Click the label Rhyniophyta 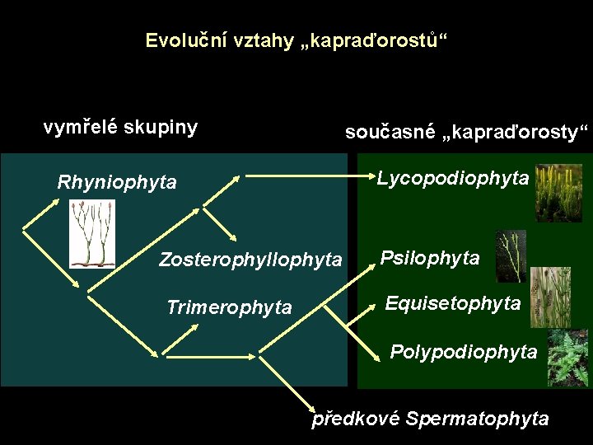pos(117,182)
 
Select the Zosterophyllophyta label pos(250,260)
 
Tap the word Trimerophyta pos(229,308)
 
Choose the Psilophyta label pos(430,259)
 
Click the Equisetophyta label pos(453,304)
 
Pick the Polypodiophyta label pos(463,353)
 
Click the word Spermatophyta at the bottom pos(478,419)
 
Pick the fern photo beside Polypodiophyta pos(567,357)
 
